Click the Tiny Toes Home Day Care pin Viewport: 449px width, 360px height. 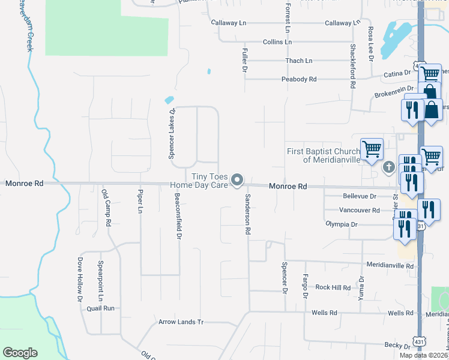click(x=238, y=180)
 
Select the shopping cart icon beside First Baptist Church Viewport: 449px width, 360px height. click(x=372, y=149)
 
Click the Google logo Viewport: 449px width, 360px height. click(x=20, y=353)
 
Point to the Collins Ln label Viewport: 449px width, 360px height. click(x=277, y=42)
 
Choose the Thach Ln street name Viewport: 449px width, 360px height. click(x=299, y=61)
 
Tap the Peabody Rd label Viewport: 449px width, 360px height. click(x=298, y=79)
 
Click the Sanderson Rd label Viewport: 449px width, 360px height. click(x=247, y=213)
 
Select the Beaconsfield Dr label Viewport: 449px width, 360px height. click(x=178, y=216)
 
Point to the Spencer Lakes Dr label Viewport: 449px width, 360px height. click(x=172, y=133)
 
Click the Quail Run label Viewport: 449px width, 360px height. click(x=100, y=308)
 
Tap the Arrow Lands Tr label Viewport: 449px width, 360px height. click(x=181, y=322)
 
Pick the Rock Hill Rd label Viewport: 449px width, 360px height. click(x=333, y=287)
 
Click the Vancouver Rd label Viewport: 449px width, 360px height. click(x=359, y=210)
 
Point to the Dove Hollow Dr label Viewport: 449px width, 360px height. click(x=79, y=280)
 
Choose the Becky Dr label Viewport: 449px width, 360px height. click(x=397, y=346)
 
